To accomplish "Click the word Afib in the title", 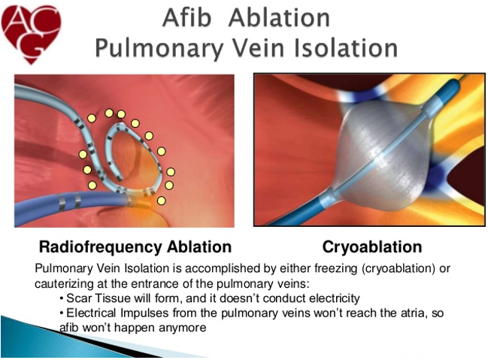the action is [186, 18].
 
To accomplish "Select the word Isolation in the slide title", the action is [345, 48].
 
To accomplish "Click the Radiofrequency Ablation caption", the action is [135, 247].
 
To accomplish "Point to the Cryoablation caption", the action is [372, 247].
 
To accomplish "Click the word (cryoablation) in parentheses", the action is [399, 268].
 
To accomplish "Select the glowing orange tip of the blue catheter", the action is [141, 201].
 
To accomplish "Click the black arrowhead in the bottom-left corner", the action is [93, 342].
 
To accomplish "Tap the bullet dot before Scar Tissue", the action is [62, 299].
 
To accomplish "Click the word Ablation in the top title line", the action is [279, 18].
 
